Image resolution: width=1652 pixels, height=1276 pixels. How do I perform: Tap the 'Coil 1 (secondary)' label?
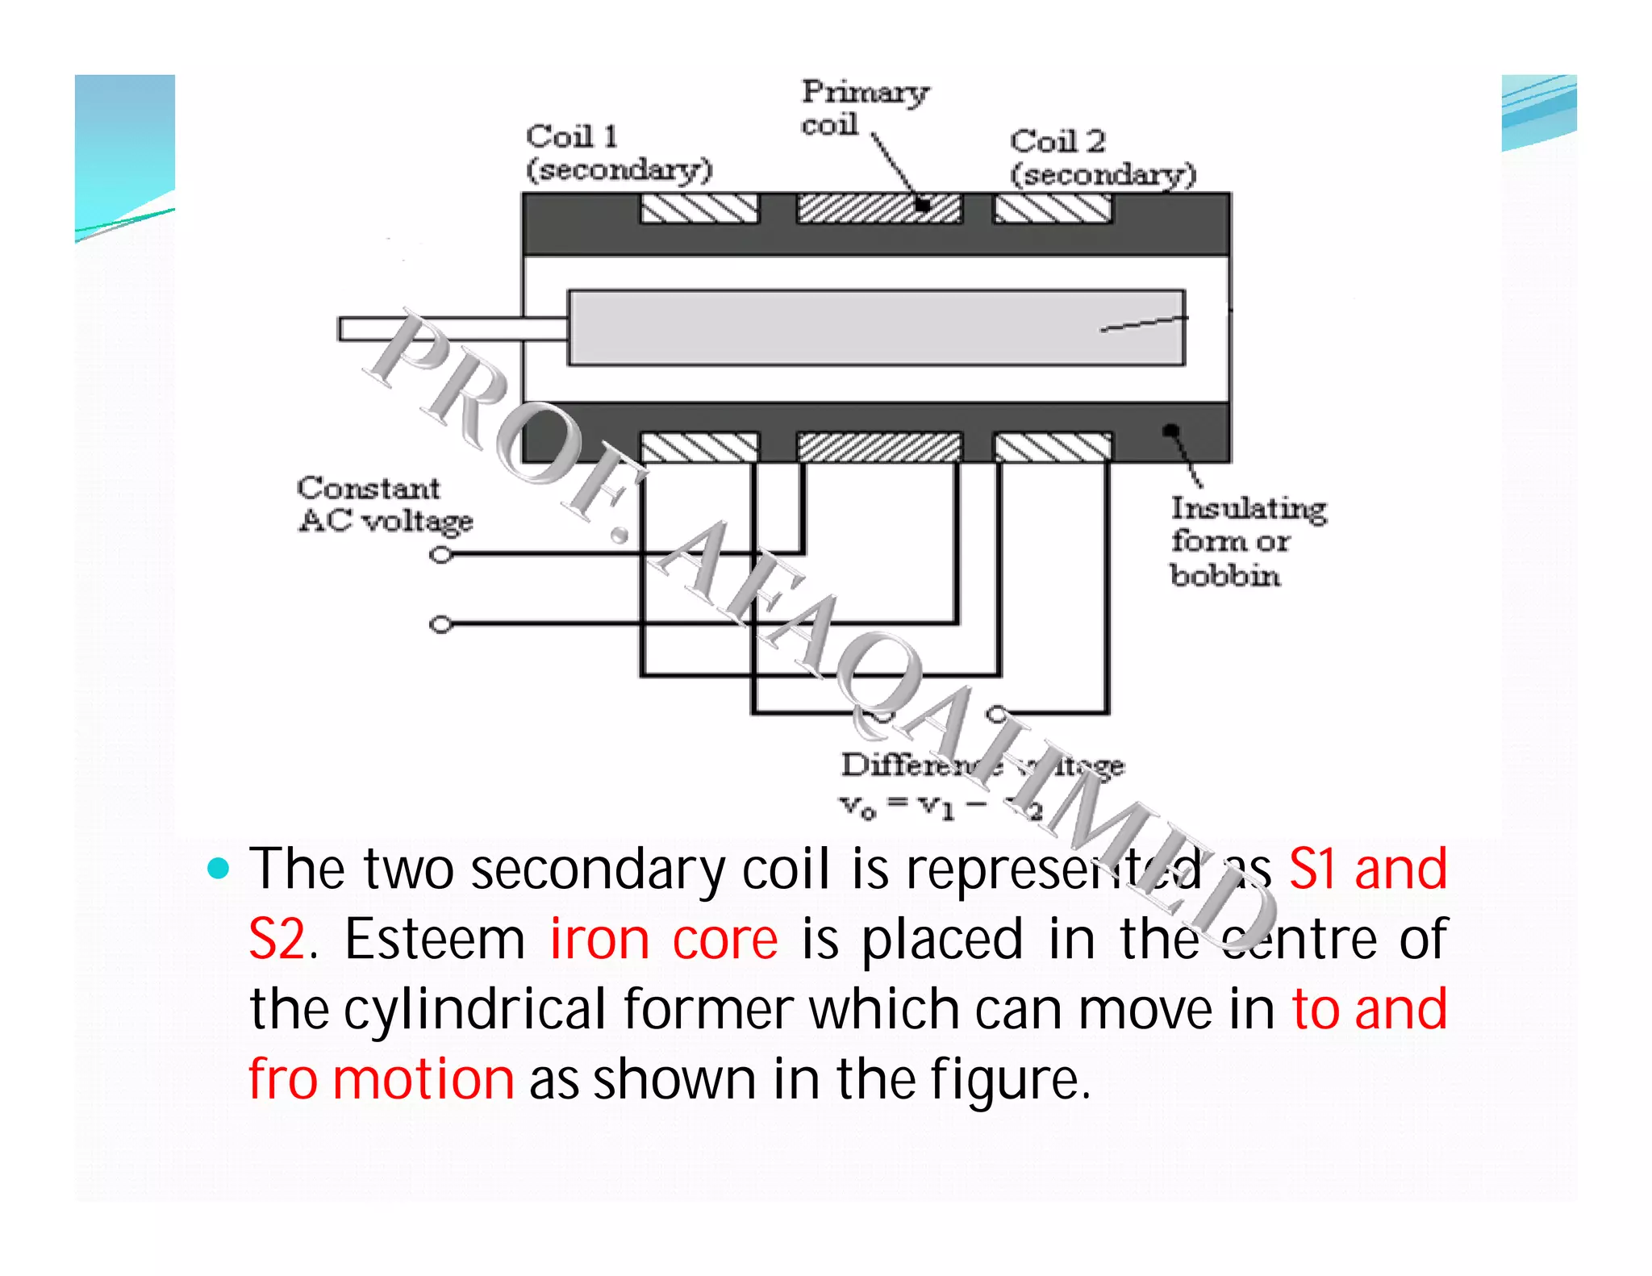(619, 152)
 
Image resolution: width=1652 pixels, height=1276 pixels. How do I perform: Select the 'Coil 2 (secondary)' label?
(1102, 158)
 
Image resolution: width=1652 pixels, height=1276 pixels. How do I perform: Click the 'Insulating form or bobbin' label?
(1247, 541)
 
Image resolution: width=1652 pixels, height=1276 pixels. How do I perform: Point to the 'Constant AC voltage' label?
(384, 505)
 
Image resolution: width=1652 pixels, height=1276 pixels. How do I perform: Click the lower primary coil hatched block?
(878, 447)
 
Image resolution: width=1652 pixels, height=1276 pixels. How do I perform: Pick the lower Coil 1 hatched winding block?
(699, 447)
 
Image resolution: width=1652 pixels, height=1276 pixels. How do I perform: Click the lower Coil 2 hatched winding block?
(1052, 447)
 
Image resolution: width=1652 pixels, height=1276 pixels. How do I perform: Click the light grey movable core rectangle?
(876, 327)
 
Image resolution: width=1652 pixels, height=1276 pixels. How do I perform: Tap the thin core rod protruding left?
(452, 328)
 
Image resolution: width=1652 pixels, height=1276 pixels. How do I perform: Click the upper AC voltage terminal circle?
(440, 555)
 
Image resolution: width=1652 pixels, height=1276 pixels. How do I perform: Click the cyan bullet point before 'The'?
(218, 869)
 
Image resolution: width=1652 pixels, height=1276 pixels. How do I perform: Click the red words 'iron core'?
(663, 940)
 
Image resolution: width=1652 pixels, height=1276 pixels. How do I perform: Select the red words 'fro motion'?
(381, 1079)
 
